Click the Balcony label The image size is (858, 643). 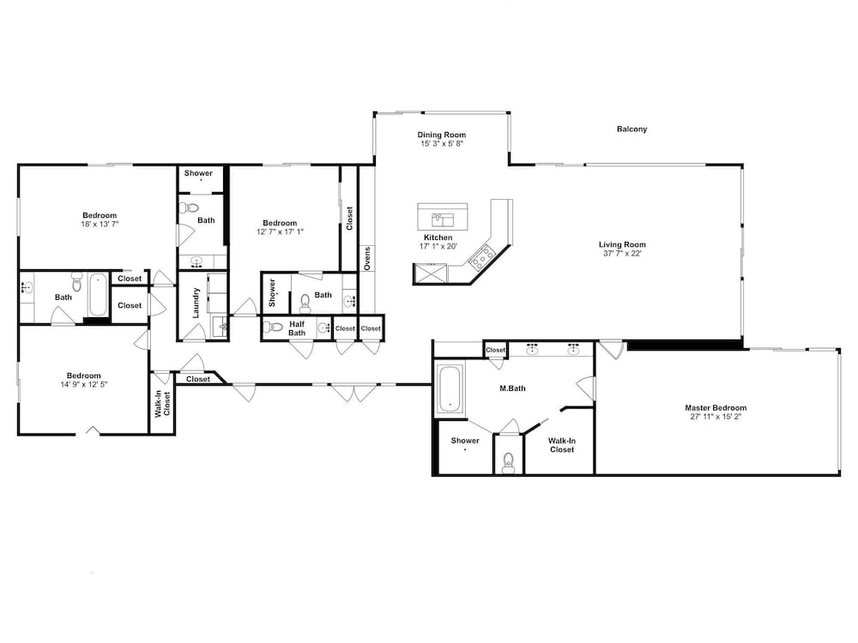coord(631,129)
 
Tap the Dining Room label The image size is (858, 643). coord(442,135)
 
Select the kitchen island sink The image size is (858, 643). coord(443,219)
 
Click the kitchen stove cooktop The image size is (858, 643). coord(482,257)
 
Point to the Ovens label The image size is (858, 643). coord(367,259)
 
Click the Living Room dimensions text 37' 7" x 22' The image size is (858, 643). coord(622,253)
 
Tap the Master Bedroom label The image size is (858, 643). coord(716,407)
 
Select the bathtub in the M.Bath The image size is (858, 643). coord(450,388)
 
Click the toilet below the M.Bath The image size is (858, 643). coord(508,463)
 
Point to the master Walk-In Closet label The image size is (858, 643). coord(562,445)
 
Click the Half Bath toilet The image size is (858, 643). coord(272,328)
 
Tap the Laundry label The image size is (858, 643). coord(196,303)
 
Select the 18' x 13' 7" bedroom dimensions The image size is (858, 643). coord(100,224)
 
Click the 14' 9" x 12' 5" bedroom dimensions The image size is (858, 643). coord(84,384)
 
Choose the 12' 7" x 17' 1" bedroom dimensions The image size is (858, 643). coord(281,231)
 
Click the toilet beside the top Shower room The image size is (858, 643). coord(190,207)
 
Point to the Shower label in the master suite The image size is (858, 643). coord(465,440)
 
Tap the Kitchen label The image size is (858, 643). coord(438,237)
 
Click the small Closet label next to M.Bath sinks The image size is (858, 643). coord(496,350)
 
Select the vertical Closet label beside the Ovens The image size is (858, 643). coord(350,218)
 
